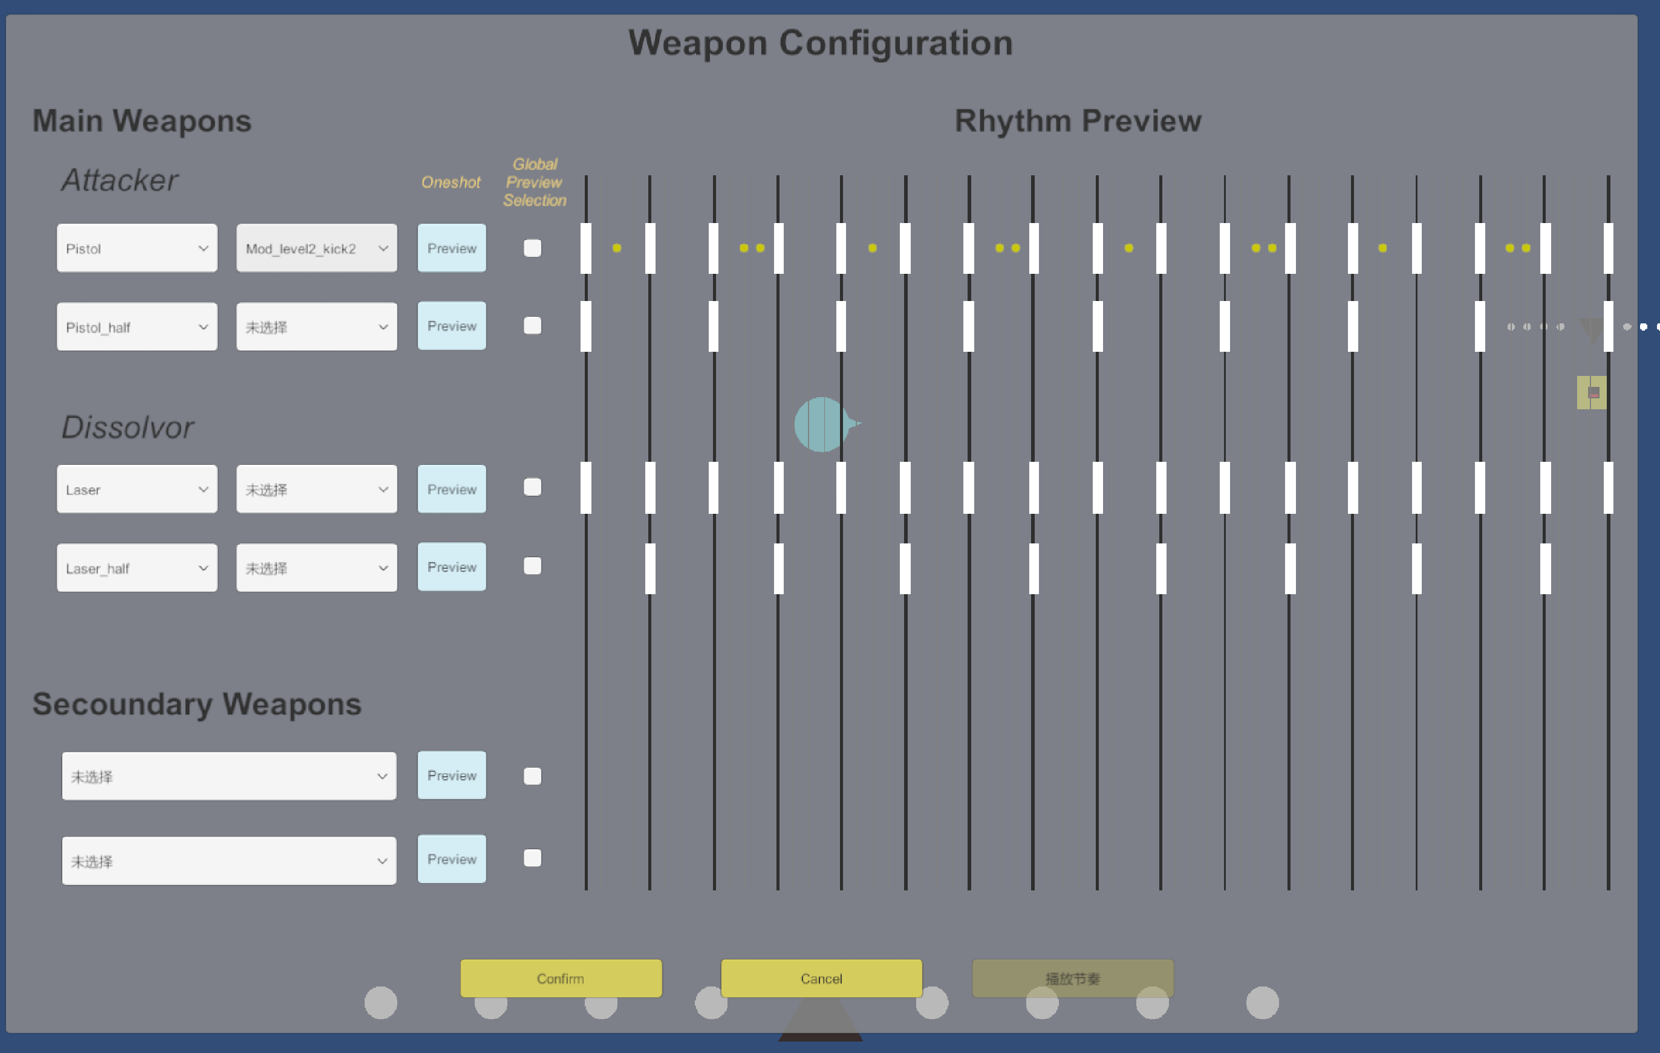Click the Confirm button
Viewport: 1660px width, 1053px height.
(561, 978)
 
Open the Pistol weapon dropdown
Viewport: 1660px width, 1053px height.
(137, 248)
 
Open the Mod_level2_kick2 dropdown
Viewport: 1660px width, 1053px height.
(316, 248)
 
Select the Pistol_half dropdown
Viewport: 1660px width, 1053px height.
(137, 326)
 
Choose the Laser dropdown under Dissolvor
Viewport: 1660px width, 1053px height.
(137, 489)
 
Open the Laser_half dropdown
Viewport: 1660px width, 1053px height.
(137, 568)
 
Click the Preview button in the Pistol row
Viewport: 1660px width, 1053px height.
(452, 248)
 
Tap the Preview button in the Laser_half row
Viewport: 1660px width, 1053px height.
(452, 567)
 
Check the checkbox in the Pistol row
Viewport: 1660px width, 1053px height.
(532, 248)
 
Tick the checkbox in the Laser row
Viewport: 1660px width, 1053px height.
(532, 487)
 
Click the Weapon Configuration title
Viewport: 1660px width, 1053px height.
(821, 43)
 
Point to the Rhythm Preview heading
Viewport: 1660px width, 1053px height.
(1078, 121)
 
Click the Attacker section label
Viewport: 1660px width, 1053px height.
(119, 181)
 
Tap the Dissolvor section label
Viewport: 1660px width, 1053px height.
(128, 427)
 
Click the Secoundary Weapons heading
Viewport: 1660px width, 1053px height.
(197, 704)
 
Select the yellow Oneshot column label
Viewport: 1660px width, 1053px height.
(451, 183)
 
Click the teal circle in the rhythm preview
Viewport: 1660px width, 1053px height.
(821, 424)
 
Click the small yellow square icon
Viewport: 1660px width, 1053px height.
(1591, 393)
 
